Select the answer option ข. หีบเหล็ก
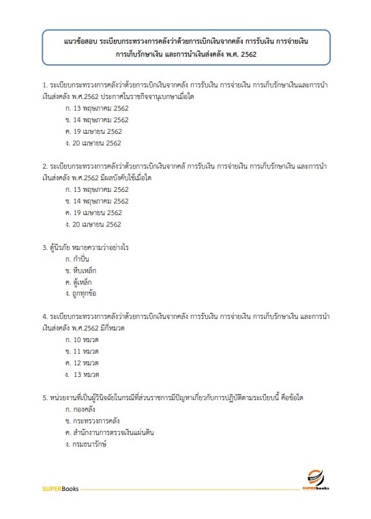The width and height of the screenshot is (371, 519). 80,270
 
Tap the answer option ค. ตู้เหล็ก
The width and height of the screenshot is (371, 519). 78,282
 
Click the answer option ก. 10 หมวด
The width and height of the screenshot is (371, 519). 83,340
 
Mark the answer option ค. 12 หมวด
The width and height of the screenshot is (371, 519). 83,363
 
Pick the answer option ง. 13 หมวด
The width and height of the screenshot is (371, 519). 83,375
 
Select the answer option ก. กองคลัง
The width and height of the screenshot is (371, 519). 80,410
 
